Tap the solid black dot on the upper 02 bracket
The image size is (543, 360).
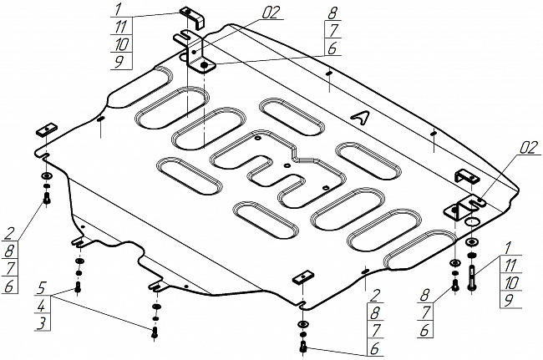tap(205, 63)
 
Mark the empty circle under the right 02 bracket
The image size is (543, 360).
tap(471, 222)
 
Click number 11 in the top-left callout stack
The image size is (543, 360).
tap(123, 26)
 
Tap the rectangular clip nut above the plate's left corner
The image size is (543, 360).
tap(44, 129)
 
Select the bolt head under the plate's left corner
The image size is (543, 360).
tap(47, 199)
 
